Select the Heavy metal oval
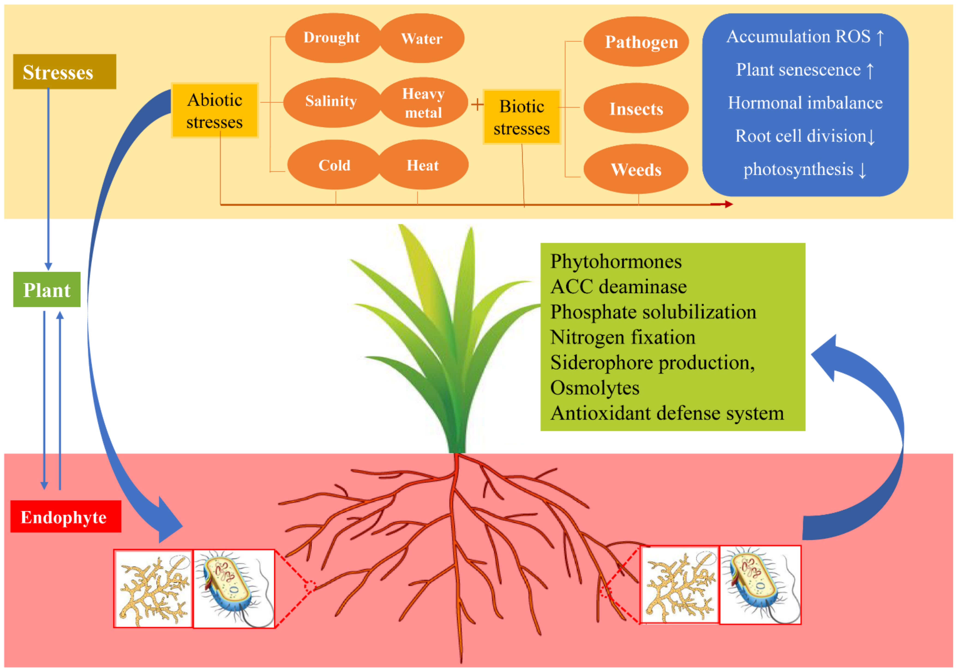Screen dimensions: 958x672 tap(423, 103)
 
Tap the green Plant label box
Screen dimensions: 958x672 tap(47, 290)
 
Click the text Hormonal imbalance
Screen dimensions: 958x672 tap(805, 103)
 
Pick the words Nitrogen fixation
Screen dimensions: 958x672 tap(623, 337)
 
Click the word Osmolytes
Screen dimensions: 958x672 tap(595, 388)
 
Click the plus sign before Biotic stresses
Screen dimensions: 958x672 tap(477, 104)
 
